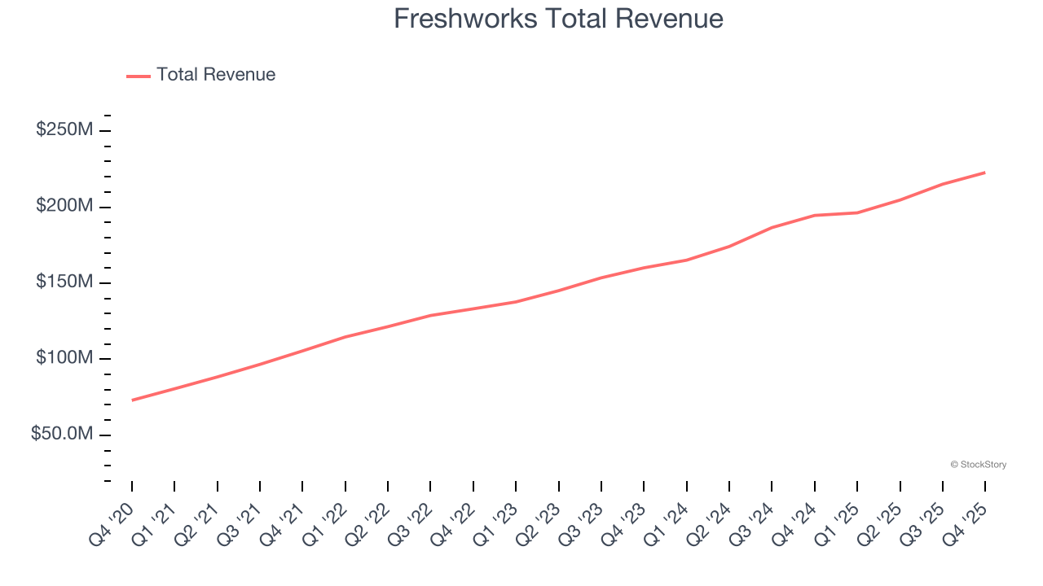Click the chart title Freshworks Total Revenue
pos(558,19)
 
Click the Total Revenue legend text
pos(216,75)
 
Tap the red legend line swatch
pos(139,77)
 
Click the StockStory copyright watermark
pos(978,465)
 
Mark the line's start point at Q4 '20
pos(132,400)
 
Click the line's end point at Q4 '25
pos(985,173)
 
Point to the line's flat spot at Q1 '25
pos(857,212)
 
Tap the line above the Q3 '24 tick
pos(772,227)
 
